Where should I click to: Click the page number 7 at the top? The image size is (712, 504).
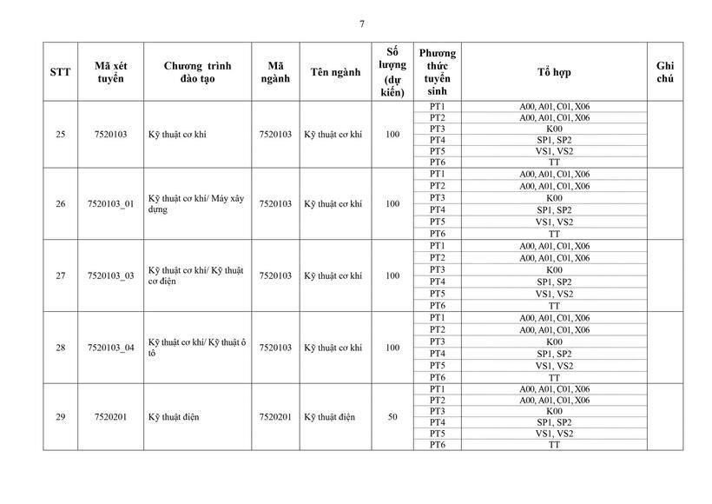361,23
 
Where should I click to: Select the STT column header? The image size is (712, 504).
60,72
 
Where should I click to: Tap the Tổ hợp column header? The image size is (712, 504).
554,72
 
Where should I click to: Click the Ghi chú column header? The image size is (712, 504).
665,72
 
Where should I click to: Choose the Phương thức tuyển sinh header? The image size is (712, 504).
437,72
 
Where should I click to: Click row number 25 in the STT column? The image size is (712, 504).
60,134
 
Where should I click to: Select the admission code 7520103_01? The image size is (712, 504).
111,204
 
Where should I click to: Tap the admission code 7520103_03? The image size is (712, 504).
111,275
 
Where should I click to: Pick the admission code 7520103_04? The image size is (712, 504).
111,348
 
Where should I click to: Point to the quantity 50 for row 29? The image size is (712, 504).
392,417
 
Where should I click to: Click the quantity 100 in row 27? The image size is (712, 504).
392,275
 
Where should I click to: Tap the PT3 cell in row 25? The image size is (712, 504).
437,129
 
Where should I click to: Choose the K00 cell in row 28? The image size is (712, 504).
554,342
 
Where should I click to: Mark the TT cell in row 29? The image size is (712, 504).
554,445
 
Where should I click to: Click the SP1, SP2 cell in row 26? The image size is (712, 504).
554,210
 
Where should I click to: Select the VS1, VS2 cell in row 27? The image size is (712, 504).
554,294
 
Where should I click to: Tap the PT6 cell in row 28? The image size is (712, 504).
437,377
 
